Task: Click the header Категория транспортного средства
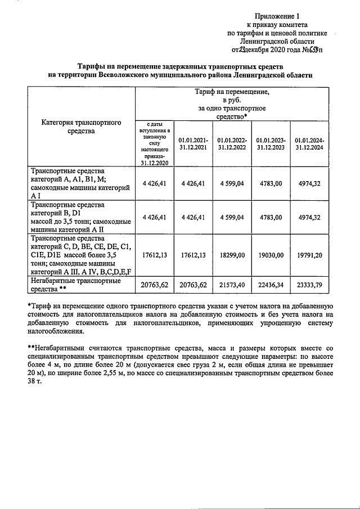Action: [82, 127]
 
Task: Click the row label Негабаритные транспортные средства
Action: [76, 285]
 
